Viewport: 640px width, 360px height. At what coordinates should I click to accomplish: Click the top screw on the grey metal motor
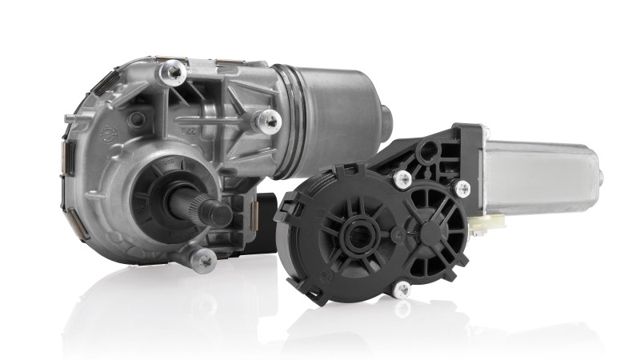tap(172, 74)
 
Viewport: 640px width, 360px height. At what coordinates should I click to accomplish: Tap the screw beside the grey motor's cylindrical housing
tap(266, 121)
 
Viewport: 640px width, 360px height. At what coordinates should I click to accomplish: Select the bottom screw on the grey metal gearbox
tap(204, 258)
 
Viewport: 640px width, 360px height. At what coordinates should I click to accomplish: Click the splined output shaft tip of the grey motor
tap(217, 214)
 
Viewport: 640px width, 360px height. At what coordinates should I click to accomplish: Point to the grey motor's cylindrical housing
tap(336, 112)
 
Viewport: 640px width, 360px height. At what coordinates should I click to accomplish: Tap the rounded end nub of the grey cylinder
tap(386, 120)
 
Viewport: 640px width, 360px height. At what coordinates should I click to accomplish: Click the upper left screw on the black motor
tap(403, 180)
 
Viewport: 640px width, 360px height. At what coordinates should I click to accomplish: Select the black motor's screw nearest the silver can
tap(462, 189)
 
